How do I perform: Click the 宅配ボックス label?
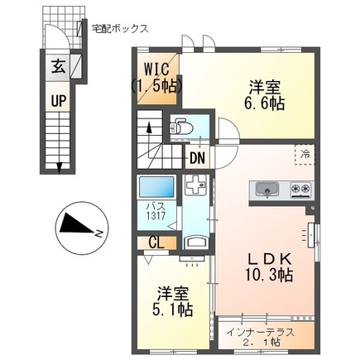[x=120, y=27]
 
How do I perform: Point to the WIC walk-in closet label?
[x=156, y=75]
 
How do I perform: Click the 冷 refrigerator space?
[x=304, y=155]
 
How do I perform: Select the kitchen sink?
[x=267, y=190]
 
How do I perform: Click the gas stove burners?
[x=300, y=190]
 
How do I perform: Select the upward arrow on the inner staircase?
[x=148, y=128]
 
